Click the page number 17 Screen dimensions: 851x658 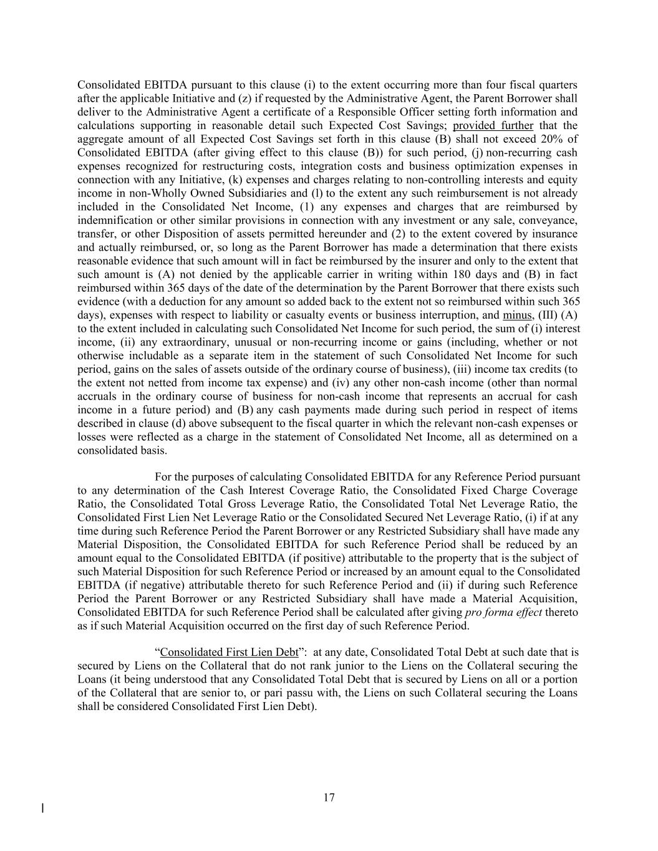[329, 797]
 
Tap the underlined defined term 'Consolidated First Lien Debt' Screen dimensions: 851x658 [229, 652]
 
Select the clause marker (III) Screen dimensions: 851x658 [548, 315]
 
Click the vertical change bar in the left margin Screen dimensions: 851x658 [42, 809]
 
